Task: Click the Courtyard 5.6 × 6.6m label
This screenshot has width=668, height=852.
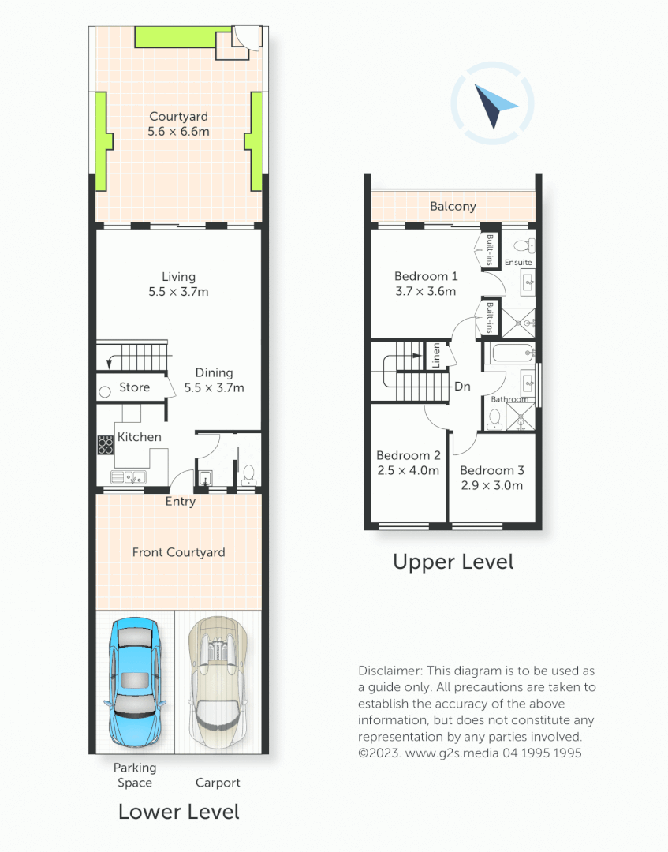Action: pos(178,124)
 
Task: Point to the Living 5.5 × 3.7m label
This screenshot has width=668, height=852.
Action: pos(178,284)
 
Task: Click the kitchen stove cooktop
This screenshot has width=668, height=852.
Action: pos(106,445)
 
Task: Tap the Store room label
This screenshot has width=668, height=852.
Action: pos(134,387)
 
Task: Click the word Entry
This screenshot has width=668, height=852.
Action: pos(180,502)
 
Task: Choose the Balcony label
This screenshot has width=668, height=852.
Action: pos(453,207)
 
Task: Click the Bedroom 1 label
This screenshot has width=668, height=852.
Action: pos(426,276)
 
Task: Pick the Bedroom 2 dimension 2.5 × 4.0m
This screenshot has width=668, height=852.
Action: pos(408,470)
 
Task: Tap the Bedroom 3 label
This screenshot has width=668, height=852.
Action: pos(492,470)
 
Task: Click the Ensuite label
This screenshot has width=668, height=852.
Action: pos(518,262)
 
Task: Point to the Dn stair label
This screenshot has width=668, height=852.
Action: pos(463,387)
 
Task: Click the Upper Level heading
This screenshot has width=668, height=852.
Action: pos(453,562)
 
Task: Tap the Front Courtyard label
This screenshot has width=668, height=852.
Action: pos(178,552)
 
